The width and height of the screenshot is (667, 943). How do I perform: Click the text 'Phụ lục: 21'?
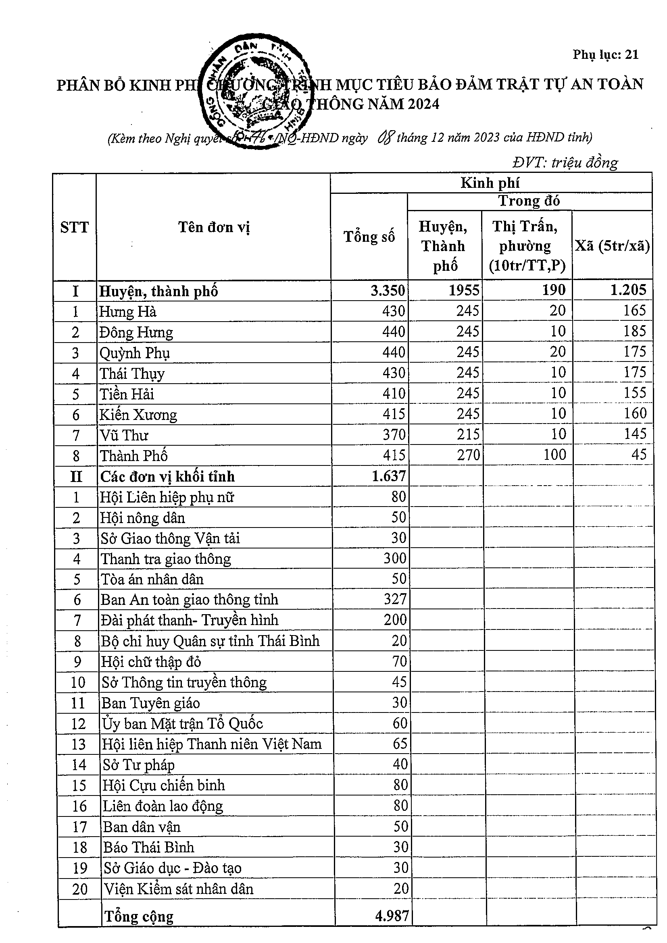tap(605, 55)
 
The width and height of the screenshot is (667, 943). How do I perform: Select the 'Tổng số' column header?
tap(369, 237)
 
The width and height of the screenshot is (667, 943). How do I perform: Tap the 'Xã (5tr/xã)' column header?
tap(612, 246)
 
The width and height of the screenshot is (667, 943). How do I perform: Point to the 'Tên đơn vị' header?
tap(214, 227)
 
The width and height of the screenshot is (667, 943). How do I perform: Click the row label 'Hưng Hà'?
tap(128, 312)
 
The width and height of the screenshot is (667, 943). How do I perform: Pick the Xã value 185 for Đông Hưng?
tap(634, 331)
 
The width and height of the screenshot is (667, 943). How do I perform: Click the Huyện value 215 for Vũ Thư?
tap(468, 434)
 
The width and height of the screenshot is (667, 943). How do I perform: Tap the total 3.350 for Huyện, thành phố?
tap(388, 291)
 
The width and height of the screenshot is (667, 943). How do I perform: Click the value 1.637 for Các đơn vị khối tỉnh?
tap(388, 476)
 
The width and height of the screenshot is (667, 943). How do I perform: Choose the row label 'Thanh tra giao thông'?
tap(166, 559)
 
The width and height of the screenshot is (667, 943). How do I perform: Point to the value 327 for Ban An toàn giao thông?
tap(395, 599)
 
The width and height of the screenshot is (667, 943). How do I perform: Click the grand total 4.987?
tap(392, 916)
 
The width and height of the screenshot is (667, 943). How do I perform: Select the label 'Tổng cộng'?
tap(139, 916)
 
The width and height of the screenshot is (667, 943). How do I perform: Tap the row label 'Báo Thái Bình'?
tap(148, 847)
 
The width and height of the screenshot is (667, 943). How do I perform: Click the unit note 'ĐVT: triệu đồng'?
tap(565, 163)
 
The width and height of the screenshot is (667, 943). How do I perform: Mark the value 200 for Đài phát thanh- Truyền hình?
tap(395, 620)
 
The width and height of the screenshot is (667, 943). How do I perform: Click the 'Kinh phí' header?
tap(490, 183)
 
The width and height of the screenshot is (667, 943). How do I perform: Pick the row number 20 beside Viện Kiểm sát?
tap(80, 889)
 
